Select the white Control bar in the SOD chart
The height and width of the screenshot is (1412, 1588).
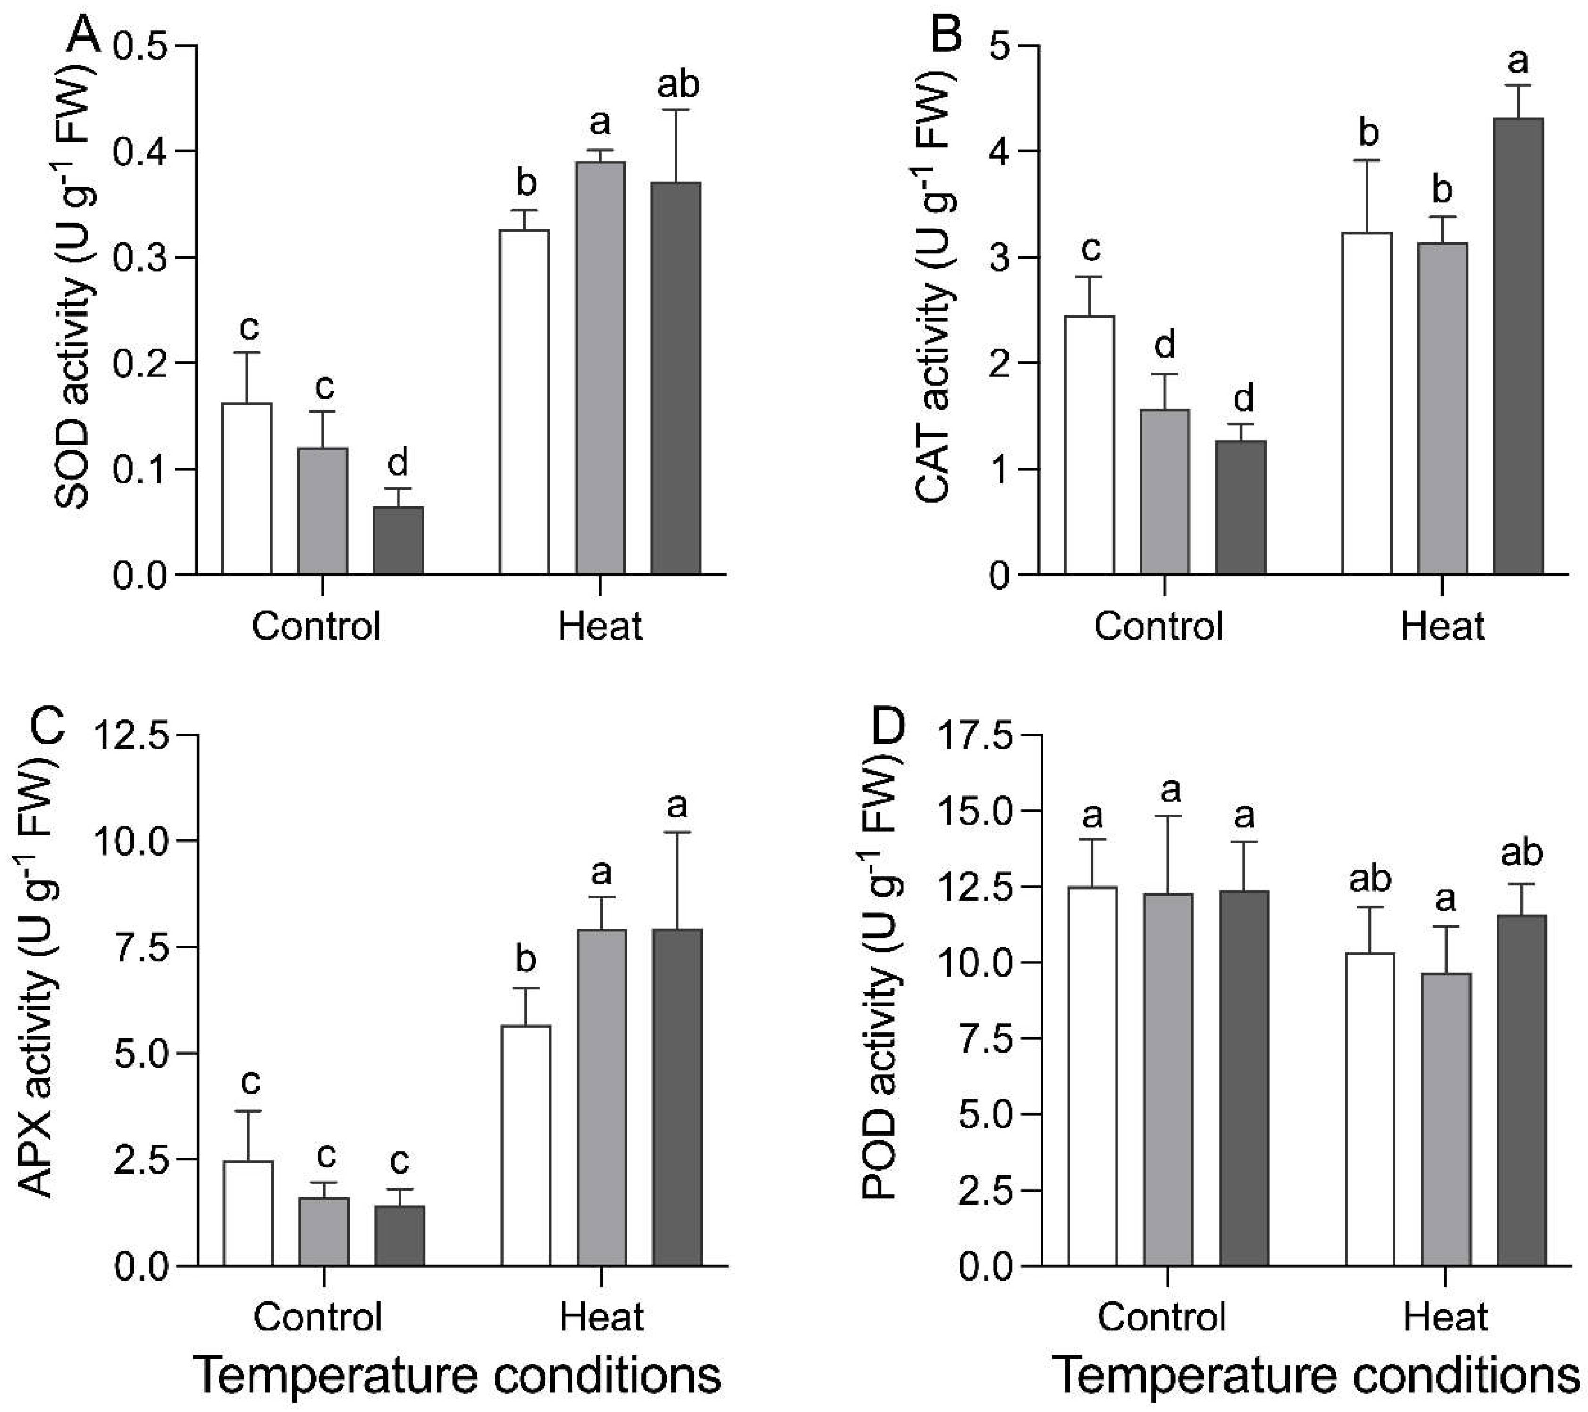pyautogui.click(x=247, y=489)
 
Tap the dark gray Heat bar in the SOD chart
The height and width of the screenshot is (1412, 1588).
pyautogui.click(x=676, y=378)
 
